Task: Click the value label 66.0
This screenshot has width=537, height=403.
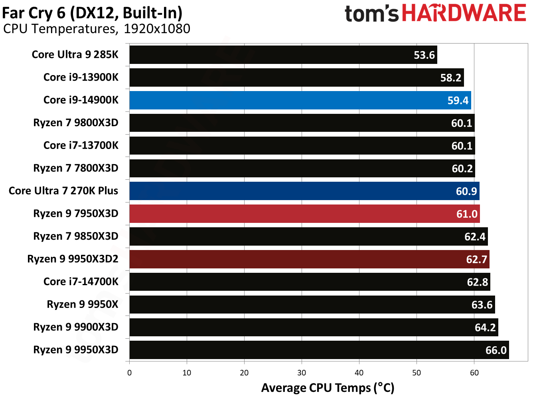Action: (496, 350)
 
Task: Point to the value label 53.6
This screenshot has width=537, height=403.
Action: (424, 55)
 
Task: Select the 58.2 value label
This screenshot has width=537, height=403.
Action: (451, 78)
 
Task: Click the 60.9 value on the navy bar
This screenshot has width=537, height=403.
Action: (466, 191)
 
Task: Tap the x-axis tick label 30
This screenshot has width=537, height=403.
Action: (302, 373)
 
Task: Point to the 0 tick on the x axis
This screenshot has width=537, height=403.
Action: (129, 373)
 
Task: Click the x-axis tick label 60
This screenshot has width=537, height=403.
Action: (474, 373)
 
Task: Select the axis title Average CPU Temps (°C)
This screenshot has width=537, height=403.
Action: (328, 388)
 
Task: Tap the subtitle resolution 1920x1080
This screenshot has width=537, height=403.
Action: (157, 29)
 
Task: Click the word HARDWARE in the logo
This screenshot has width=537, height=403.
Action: (464, 13)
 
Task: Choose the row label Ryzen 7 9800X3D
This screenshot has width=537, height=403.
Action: (76, 123)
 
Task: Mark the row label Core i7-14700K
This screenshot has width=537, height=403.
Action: (81, 282)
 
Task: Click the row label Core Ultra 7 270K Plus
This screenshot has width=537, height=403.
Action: (63, 191)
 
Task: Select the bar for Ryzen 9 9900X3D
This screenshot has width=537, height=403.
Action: (314, 328)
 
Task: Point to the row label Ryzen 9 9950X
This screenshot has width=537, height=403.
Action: (83, 304)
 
